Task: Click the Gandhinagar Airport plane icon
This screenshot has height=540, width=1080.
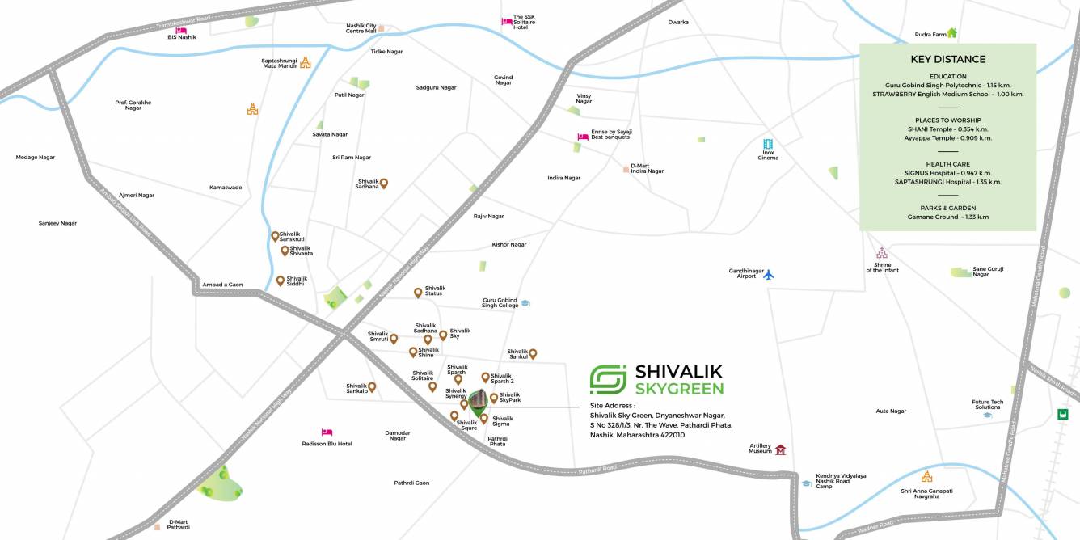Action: pyautogui.click(x=768, y=275)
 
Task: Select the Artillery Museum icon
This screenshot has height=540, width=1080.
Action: pyautogui.click(x=780, y=449)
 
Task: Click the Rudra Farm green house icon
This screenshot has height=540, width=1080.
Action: pyautogui.click(x=952, y=33)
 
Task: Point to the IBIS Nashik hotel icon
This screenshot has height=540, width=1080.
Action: pyautogui.click(x=181, y=30)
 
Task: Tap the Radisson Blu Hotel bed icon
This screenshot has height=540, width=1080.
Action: pyautogui.click(x=327, y=432)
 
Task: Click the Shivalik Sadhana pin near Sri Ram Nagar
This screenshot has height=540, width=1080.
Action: pyautogui.click(x=385, y=184)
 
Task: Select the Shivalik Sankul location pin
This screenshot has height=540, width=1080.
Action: pyautogui.click(x=533, y=353)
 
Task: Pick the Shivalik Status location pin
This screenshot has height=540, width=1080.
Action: pyautogui.click(x=418, y=293)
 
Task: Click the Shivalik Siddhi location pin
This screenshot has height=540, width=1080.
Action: pyautogui.click(x=281, y=281)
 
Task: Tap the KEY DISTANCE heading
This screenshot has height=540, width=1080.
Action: pyautogui.click(x=947, y=59)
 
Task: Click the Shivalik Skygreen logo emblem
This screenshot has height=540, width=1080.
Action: pyautogui.click(x=608, y=379)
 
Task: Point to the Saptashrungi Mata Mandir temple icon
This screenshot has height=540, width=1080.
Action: pyautogui.click(x=305, y=61)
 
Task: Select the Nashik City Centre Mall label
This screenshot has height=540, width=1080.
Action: pyautogui.click(x=361, y=28)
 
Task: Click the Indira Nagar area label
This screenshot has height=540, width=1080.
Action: pyautogui.click(x=563, y=178)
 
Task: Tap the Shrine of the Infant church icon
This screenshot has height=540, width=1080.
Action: pyautogui.click(x=882, y=253)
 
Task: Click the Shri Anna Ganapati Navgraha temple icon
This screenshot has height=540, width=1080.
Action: pyautogui.click(x=926, y=477)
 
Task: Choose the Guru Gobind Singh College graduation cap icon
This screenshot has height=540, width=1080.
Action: pyautogui.click(x=525, y=303)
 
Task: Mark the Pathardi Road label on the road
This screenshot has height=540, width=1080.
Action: pyautogui.click(x=598, y=469)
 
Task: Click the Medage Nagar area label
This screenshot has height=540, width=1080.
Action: pyautogui.click(x=36, y=157)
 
